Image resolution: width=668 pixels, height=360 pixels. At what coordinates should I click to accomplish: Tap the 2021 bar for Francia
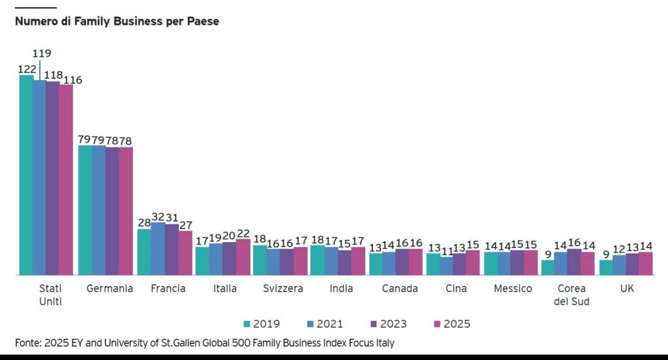[x=158, y=248]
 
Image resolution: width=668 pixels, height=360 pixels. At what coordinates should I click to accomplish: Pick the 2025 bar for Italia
[x=243, y=257]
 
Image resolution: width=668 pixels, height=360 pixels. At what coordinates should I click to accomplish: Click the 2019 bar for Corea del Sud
[x=547, y=267]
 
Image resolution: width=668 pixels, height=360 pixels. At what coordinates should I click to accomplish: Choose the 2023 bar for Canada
[x=402, y=262]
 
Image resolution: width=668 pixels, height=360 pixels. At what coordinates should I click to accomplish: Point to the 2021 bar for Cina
[x=446, y=265]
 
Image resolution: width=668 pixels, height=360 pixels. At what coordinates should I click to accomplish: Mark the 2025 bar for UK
[x=646, y=263]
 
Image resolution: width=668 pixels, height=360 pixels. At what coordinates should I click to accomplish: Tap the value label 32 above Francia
[x=158, y=216]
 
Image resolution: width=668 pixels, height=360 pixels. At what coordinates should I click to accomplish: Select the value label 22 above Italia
[x=243, y=233]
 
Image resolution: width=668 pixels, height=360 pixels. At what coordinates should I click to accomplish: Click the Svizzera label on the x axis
[x=282, y=288]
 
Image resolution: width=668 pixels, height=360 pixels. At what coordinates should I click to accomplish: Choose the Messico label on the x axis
[x=513, y=288]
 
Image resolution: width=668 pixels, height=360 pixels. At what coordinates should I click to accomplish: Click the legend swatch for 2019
[x=247, y=323]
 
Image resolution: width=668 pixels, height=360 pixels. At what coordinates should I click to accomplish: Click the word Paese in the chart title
[x=202, y=21]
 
